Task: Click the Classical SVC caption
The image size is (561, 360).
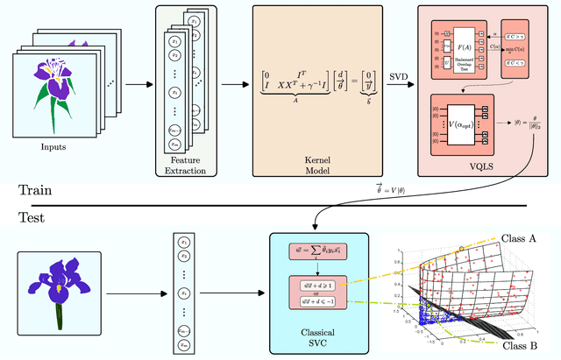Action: click(313, 336)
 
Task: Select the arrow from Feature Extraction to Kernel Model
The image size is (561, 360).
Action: click(231, 85)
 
